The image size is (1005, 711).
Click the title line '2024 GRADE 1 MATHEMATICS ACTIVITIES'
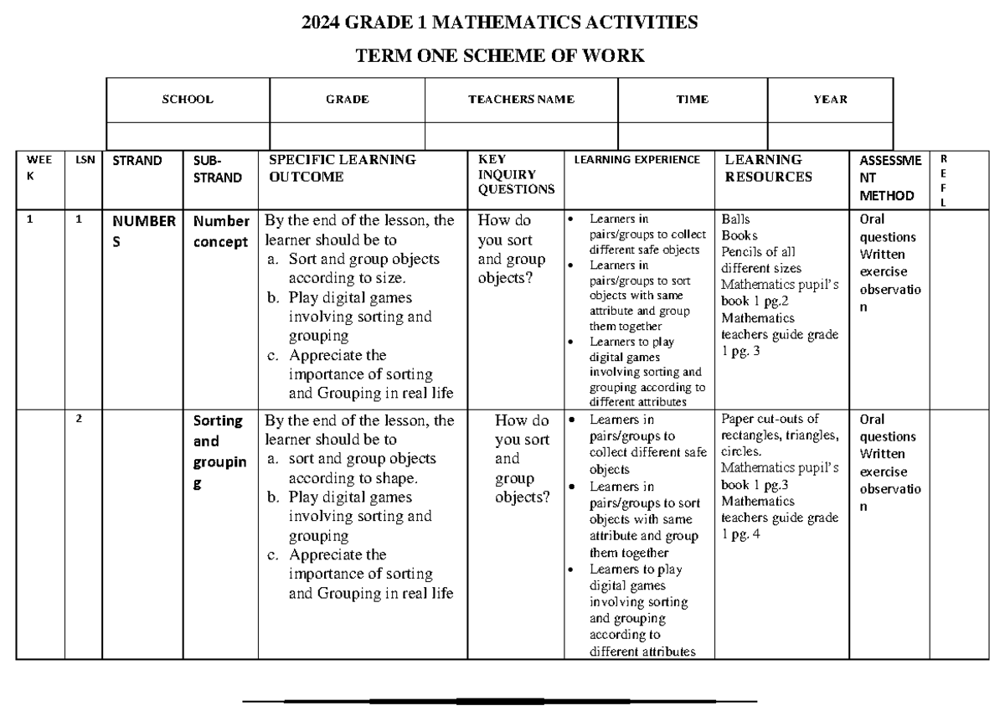(501, 23)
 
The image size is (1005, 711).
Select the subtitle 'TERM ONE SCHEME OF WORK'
(501, 57)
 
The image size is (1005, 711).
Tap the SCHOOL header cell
(188, 99)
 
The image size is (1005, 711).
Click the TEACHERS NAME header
(521, 99)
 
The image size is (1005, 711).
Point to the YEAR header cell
(830, 99)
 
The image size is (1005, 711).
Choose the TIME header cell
(692, 99)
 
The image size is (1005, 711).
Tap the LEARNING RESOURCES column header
(768, 168)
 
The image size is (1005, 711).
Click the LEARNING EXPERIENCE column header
(637, 159)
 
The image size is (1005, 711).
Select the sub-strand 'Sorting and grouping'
(218, 452)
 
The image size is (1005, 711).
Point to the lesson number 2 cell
(79, 419)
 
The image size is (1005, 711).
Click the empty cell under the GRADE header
(347, 134)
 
